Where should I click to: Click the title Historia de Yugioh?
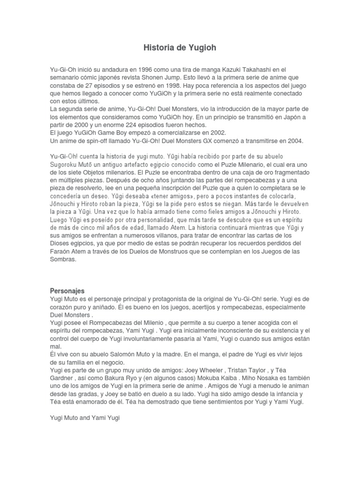tap(180, 48)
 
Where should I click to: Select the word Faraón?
tap(61, 252)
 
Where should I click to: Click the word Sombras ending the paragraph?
tap(62, 260)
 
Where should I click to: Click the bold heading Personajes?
tap(67, 291)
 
